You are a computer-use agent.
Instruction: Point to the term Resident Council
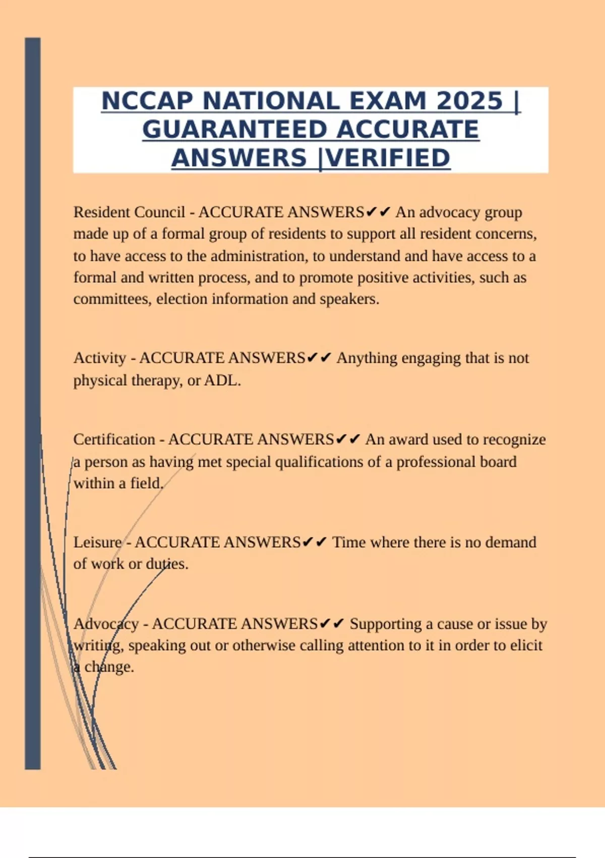tap(129, 212)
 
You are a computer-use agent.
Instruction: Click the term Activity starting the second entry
tap(99, 358)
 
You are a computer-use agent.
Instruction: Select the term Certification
tap(114, 439)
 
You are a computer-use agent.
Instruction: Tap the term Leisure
tap(97, 542)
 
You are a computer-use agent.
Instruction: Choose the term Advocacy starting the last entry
tap(106, 624)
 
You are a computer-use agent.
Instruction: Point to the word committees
tap(112, 299)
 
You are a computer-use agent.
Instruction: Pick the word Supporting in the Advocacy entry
tap(385, 624)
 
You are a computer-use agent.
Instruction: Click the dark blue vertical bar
tap(33, 404)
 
